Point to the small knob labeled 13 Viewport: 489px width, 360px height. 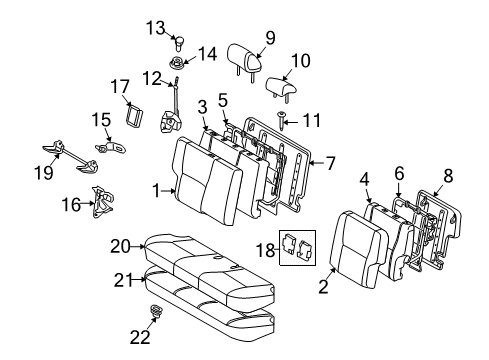pyautogui.click(x=180, y=43)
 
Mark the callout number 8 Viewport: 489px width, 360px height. pyautogui.click(x=448, y=177)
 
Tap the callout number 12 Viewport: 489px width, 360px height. pyautogui.click(x=150, y=78)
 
